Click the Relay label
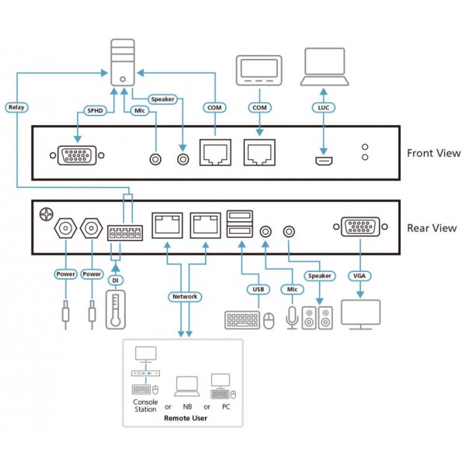click(x=16, y=107)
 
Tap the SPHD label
click(x=95, y=111)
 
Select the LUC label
click(x=324, y=108)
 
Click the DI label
click(x=115, y=280)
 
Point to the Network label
click(x=185, y=297)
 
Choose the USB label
click(x=259, y=289)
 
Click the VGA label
click(x=360, y=276)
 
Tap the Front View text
click(x=433, y=153)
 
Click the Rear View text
click(x=432, y=228)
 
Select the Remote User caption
click(x=186, y=418)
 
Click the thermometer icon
click(x=116, y=310)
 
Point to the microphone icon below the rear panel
click(x=292, y=318)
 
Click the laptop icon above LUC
click(x=325, y=67)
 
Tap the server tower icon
click(x=123, y=63)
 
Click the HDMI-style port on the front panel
click(x=324, y=161)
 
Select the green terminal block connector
click(x=125, y=233)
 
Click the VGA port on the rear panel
click(x=360, y=227)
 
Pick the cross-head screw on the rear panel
click(x=47, y=214)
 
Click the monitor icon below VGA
click(x=360, y=315)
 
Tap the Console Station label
click(x=145, y=405)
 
